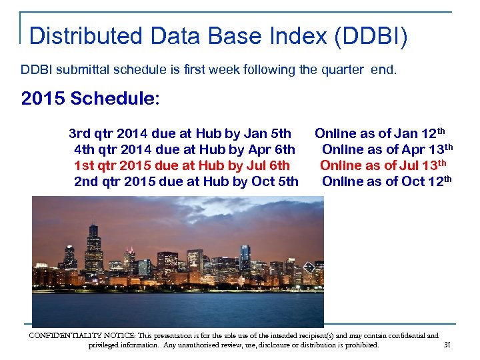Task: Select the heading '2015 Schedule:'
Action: [x=91, y=99]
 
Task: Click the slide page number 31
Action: [x=447, y=345]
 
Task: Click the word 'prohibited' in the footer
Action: [x=359, y=345]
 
